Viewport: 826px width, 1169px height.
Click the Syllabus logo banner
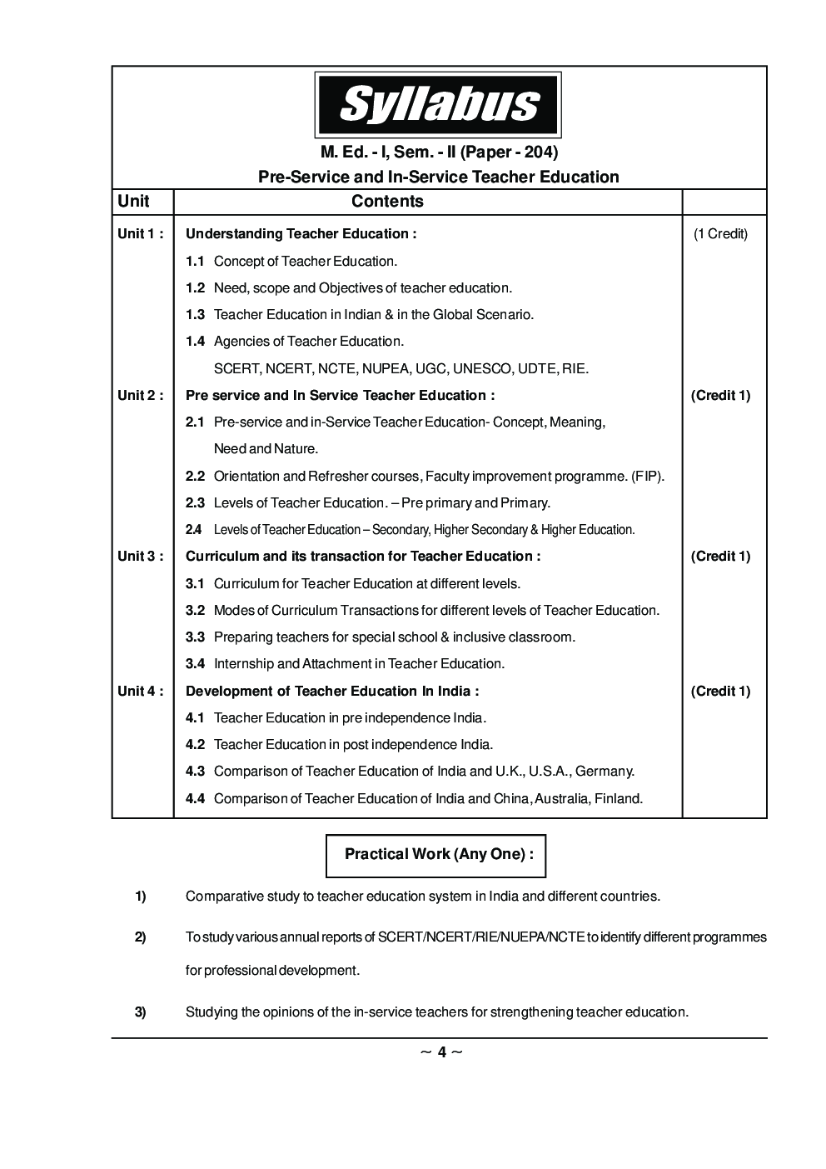437,105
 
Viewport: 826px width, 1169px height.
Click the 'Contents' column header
387,202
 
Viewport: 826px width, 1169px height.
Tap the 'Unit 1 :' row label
140,234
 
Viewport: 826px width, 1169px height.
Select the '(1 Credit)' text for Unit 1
720,234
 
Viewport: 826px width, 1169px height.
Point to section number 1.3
195,315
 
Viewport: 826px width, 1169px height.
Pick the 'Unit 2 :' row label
140,396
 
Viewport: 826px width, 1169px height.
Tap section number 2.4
193,530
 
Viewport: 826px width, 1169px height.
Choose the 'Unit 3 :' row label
140,557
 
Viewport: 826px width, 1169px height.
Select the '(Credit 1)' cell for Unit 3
720,557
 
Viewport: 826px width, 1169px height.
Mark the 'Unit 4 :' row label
140,692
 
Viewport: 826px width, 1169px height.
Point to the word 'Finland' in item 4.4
617,799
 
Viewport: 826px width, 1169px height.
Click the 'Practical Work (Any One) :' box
435,855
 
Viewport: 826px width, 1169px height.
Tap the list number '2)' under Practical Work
141,937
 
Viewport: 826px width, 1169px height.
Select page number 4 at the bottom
442,1052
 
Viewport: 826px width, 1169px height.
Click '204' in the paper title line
537,152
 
